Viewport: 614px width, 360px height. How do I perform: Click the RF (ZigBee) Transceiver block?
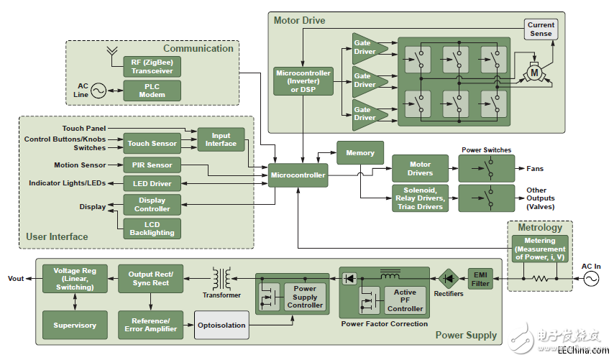pos(152,67)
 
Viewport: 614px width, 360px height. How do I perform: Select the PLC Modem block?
pos(152,91)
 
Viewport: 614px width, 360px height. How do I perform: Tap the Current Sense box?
pos(541,29)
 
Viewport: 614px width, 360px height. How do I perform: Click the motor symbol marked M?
pos(533,73)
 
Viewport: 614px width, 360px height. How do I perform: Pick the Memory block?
pos(360,152)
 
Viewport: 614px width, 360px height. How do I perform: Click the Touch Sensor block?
pos(152,144)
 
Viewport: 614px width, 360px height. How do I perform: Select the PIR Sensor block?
pos(152,165)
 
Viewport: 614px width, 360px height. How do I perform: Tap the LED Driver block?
pos(152,184)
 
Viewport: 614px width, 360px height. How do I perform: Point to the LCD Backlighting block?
pos(152,229)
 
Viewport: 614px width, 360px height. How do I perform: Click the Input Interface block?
pos(221,139)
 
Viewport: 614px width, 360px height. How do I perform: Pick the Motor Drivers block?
pos(420,169)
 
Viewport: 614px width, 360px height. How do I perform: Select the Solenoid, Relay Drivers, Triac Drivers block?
pos(420,198)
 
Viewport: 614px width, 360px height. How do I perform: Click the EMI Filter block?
pos(481,278)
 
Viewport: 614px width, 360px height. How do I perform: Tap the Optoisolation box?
pos(221,325)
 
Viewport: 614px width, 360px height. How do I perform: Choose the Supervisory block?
pos(75,325)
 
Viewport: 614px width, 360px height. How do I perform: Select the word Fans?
pos(534,169)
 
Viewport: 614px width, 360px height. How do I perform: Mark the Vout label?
pos(16,278)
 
